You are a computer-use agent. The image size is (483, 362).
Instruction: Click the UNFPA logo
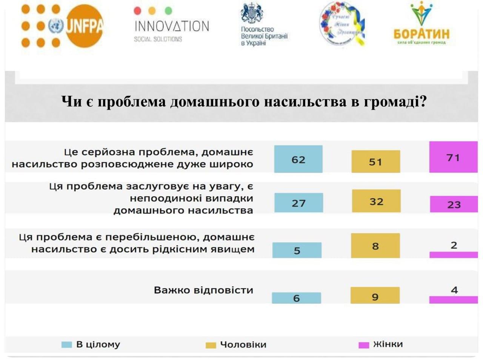click(x=62, y=26)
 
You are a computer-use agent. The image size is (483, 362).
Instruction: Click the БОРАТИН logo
click(x=421, y=25)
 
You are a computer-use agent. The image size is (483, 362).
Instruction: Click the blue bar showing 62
click(x=298, y=159)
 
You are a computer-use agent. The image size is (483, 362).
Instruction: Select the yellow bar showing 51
click(x=375, y=161)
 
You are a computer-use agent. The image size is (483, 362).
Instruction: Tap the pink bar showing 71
click(x=453, y=157)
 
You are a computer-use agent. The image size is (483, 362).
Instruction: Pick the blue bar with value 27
click(x=298, y=203)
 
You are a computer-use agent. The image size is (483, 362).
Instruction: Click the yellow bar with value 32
click(x=376, y=201)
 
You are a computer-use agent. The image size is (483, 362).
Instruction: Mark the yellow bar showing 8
click(x=375, y=246)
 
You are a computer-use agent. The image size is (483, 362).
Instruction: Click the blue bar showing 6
click(x=296, y=298)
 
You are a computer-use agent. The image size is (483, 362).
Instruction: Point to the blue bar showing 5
click(x=297, y=250)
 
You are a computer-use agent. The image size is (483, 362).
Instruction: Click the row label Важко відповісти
click(x=203, y=290)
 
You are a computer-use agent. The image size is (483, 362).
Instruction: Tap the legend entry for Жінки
click(x=381, y=344)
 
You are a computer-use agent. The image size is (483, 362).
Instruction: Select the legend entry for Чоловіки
click(x=236, y=345)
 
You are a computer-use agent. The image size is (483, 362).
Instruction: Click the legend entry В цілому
click(x=91, y=344)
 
